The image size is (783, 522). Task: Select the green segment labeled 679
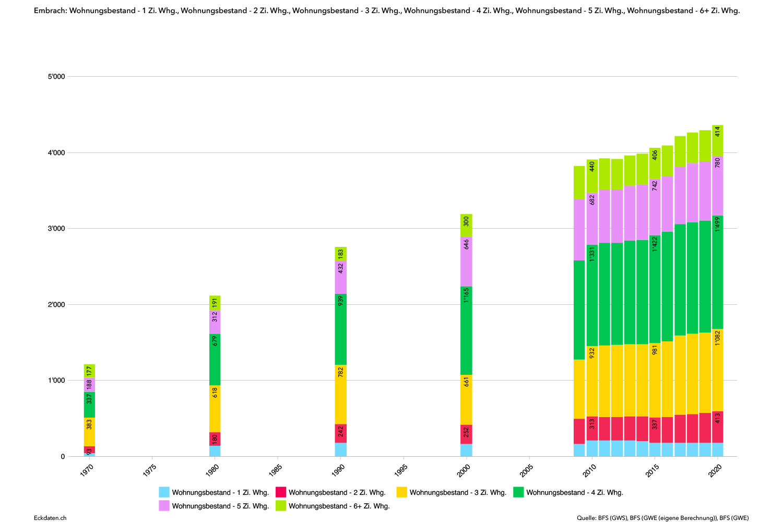coord(215,359)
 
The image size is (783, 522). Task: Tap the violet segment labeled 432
coord(341,277)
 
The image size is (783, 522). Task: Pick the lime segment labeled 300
coord(466,225)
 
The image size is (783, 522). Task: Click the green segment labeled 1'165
coord(466,330)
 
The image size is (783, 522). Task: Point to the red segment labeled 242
coord(341,433)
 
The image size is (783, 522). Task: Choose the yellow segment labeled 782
coord(341,394)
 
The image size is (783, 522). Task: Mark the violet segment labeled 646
coord(466,261)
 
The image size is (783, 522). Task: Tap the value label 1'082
coord(718,337)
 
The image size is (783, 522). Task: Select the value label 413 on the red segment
coord(718,418)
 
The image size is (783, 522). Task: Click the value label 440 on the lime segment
coord(592,167)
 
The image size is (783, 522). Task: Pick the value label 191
coord(215,303)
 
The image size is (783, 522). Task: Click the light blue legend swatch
coord(164,492)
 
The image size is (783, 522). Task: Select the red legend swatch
coord(281,492)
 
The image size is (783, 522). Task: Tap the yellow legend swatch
coord(401,492)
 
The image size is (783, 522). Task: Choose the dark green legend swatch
coord(518,492)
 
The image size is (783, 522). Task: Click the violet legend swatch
coord(164,505)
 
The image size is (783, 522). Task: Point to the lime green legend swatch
coord(281,505)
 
